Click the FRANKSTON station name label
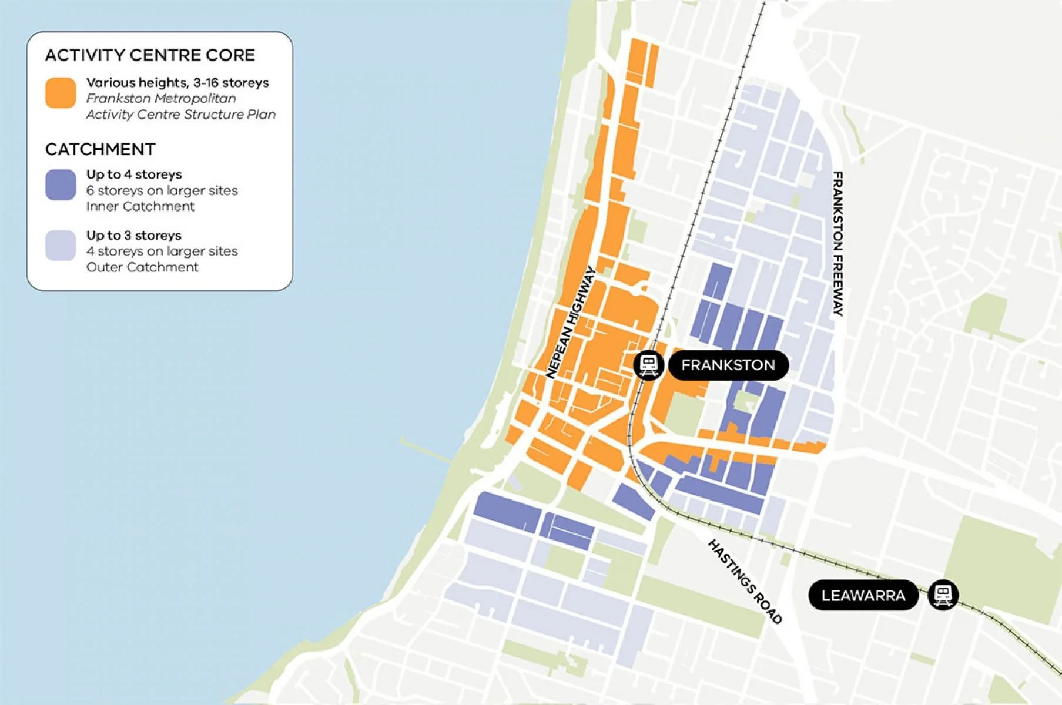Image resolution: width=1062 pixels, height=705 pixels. pos(728,365)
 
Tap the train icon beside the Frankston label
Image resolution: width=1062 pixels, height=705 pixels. pos(648,365)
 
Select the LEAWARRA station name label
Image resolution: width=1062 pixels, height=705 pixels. pos(863,595)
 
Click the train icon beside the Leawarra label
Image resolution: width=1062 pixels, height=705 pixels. pos(943,595)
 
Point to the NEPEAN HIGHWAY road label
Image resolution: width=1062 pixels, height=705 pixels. pos(571,323)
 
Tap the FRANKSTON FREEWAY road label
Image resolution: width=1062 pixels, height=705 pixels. pos(838,243)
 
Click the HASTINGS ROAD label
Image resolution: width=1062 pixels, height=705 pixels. pos(745,581)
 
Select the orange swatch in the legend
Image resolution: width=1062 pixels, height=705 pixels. pos(61,93)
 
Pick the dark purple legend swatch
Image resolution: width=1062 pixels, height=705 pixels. pos(61,184)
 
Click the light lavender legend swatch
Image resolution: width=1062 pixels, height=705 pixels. pos(61,245)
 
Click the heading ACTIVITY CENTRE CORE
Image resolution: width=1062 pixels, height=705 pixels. pos(150,55)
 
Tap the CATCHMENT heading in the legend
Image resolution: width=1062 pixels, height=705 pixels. pos(100,149)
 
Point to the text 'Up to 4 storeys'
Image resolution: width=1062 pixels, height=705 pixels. pos(134,174)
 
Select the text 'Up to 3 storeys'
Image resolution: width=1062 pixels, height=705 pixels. pos(134,235)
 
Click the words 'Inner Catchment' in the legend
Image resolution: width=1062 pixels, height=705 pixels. pos(140,206)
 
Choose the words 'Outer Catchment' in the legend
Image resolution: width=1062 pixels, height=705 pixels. pos(142,267)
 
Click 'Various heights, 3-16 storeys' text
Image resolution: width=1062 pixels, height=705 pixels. pos(177,82)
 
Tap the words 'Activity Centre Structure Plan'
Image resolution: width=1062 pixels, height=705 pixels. pos(181,114)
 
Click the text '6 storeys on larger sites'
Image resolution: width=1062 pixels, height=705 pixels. pos(162,190)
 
